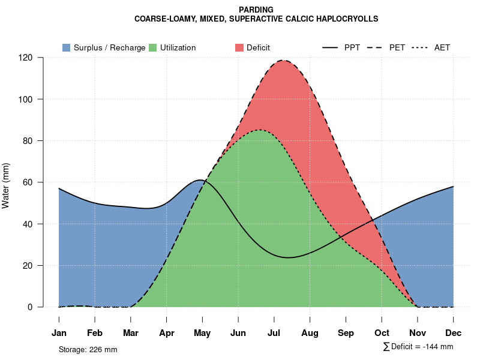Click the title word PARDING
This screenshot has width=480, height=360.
click(x=256, y=10)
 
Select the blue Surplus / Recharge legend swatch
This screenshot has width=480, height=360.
click(x=67, y=47)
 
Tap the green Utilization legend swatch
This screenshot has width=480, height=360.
click(x=153, y=47)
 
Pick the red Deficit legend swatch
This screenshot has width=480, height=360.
click(x=239, y=47)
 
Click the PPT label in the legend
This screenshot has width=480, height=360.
click(x=352, y=47)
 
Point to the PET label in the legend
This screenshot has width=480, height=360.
click(x=397, y=47)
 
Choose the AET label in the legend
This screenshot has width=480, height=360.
click(x=442, y=47)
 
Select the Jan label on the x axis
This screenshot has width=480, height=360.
click(x=59, y=333)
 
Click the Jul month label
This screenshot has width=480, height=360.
click(x=274, y=333)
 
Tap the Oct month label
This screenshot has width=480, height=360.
click(x=382, y=333)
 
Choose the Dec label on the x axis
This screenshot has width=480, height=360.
click(x=454, y=333)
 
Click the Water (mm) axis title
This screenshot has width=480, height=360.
click(x=6, y=185)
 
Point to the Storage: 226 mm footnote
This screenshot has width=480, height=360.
click(x=88, y=349)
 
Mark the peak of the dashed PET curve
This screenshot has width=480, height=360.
click(x=283, y=60)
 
